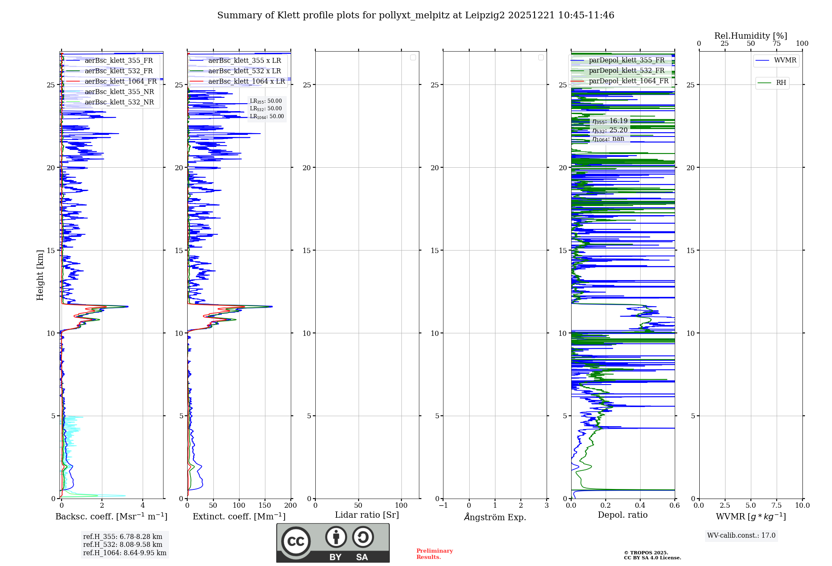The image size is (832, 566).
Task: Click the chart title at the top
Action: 416,15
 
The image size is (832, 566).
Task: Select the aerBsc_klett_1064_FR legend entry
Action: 121,82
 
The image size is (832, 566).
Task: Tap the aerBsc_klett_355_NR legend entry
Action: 119,92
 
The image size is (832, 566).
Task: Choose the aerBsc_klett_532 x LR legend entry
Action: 244,71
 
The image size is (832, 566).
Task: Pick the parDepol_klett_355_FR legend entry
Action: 626,60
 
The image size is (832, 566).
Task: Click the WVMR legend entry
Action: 785,60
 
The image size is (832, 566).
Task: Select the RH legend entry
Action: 781,83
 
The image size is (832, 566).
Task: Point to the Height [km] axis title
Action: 40,275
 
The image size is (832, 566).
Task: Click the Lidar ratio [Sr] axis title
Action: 366,515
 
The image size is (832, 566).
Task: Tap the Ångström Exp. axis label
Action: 495,517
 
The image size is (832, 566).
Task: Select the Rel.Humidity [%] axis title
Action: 750,36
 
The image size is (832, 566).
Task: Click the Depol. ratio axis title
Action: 622,515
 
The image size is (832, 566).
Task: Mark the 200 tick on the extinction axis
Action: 290,505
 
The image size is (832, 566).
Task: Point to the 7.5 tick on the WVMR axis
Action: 777,505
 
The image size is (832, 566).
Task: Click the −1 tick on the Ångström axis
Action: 443,505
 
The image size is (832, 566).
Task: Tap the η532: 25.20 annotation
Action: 610,130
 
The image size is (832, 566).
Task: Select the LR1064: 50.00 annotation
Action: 267,117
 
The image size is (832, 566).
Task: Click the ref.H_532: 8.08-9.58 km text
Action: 123,545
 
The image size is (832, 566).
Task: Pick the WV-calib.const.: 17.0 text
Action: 741,536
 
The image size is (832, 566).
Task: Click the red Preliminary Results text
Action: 434,554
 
